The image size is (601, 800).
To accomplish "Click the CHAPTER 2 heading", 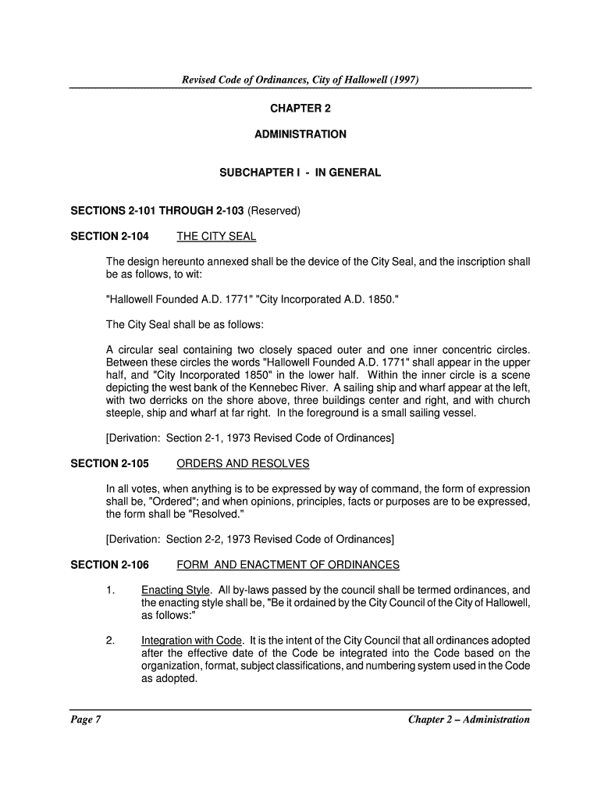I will point(300,107).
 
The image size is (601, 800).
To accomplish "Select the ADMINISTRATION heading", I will point(300,134).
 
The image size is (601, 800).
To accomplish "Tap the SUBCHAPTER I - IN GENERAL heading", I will point(300,173).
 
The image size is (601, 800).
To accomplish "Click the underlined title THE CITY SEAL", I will point(216,236).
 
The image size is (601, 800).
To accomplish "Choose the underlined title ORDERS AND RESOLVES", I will point(243,463).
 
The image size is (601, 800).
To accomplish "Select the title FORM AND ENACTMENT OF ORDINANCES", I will point(288,565).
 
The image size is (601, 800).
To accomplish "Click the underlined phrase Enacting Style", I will point(176,590).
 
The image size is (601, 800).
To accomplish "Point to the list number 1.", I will point(111,590).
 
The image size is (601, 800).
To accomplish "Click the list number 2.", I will point(111,641).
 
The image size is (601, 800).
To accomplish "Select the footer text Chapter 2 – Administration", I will point(469,720).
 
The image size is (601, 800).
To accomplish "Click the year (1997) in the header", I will point(407,79).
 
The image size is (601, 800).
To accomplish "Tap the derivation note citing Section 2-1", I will point(250,438).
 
